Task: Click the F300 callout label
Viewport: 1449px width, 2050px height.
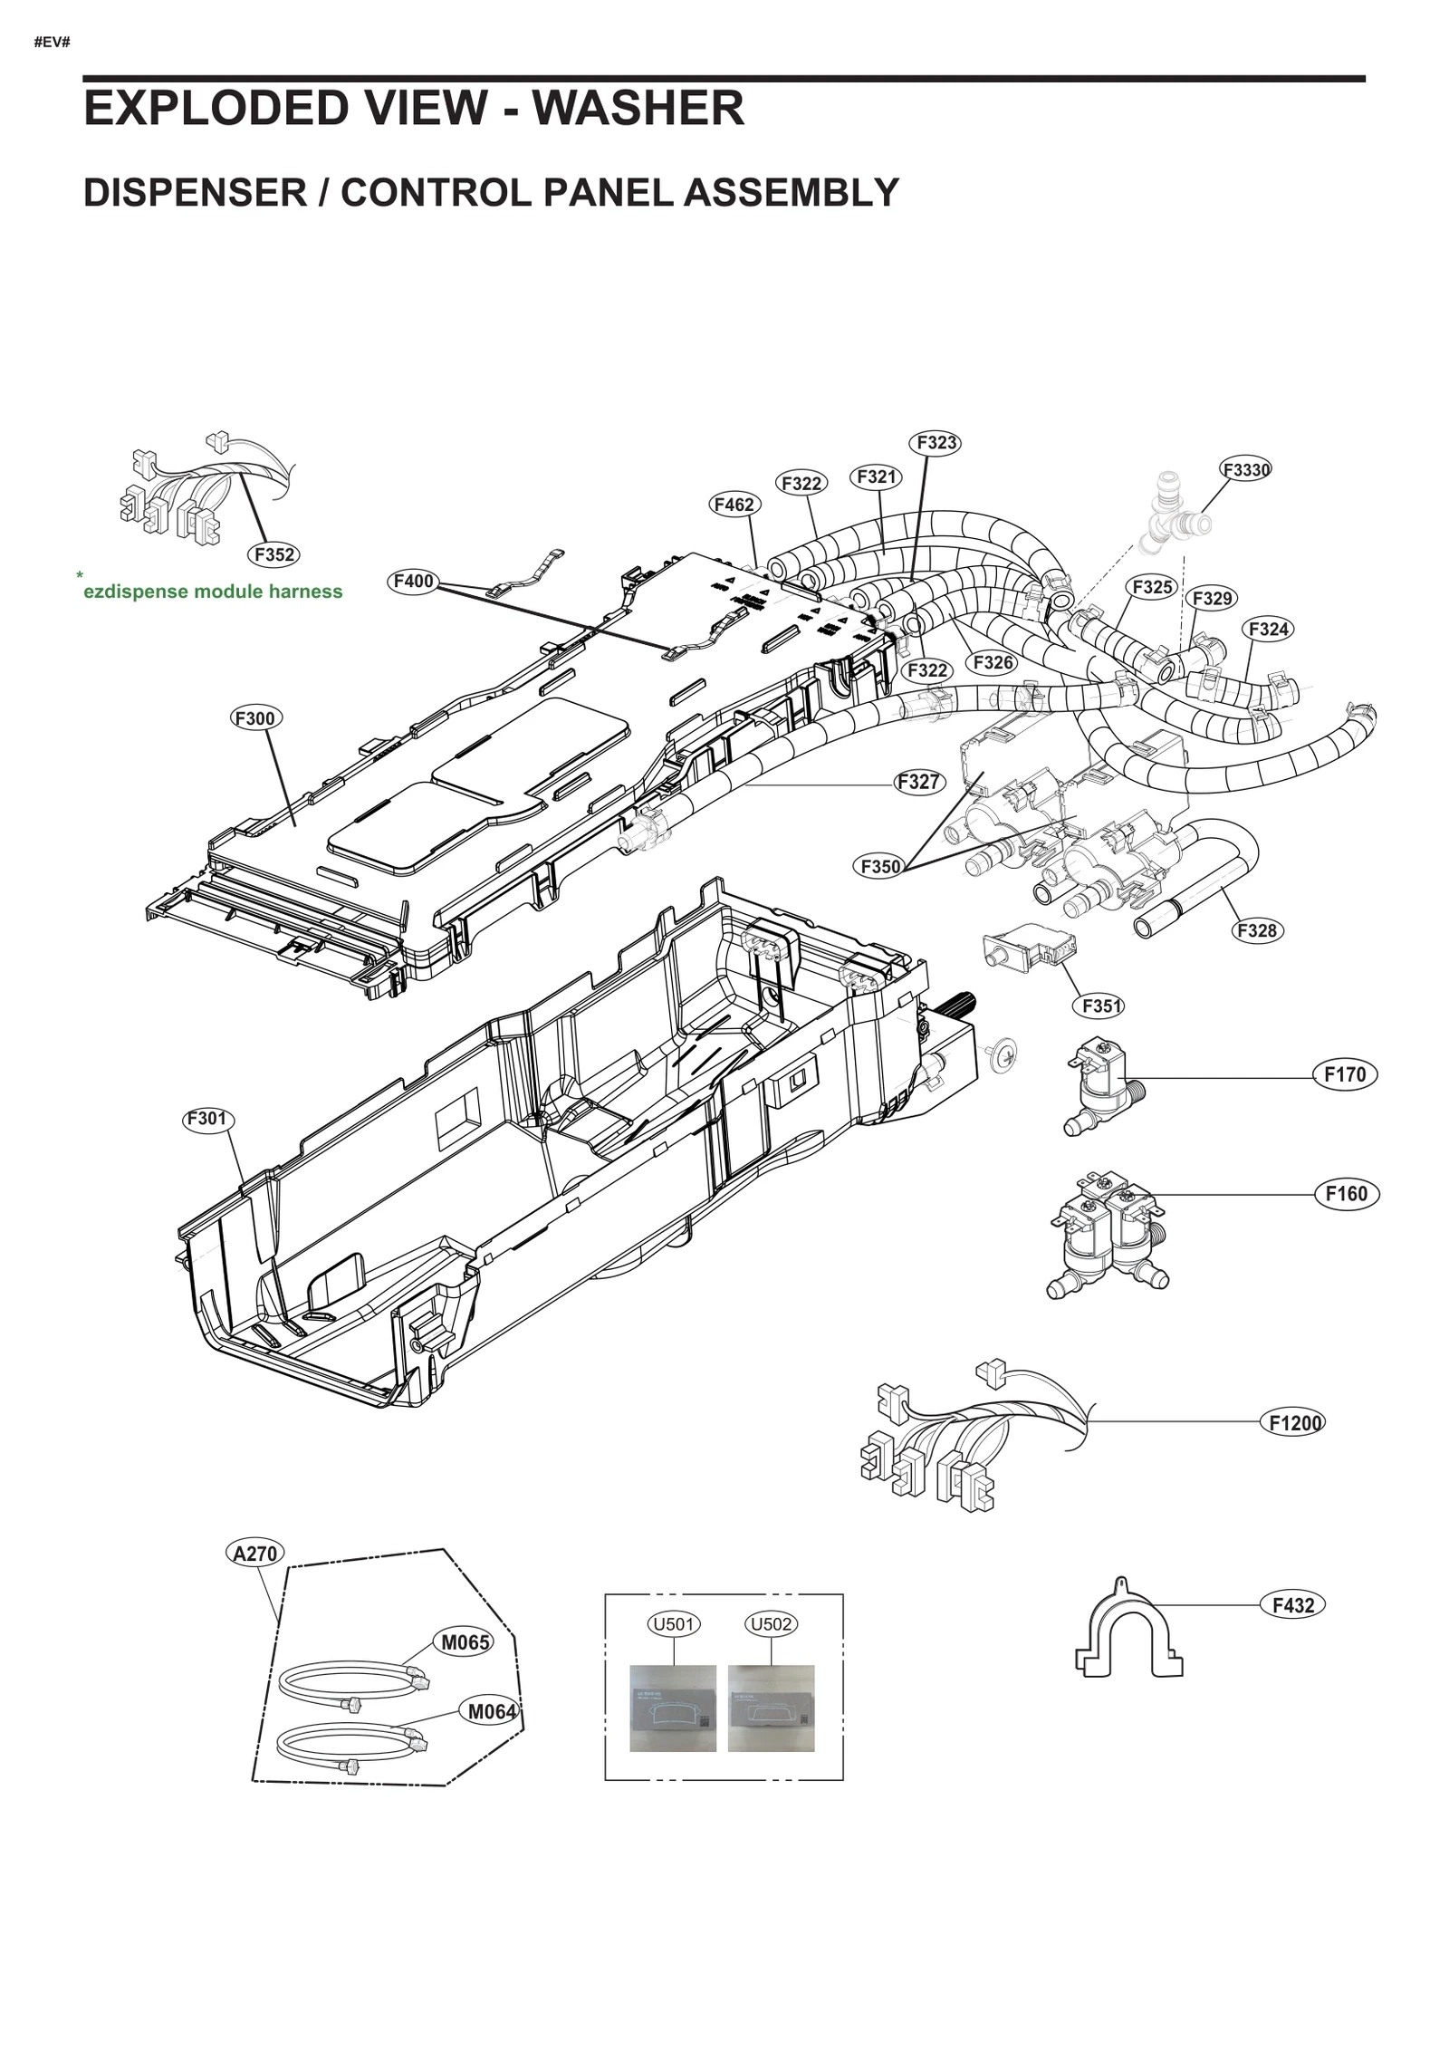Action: point(254,718)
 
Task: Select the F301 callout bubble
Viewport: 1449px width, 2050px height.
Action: point(206,1119)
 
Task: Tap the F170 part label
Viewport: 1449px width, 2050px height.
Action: point(1344,1074)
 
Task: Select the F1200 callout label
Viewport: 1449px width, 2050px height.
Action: point(1295,1423)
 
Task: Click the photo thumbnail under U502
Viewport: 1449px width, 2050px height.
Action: point(771,1708)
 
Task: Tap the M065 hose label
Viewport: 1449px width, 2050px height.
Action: point(466,1642)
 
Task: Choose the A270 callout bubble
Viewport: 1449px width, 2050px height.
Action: point(254,1554)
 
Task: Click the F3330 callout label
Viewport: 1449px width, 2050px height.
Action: point(1246,469)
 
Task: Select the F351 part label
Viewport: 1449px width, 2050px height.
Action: point(1102,1006)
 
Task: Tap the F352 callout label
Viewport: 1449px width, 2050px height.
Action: point(273,554)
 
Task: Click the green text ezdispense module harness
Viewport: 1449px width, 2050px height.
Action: point(213,592)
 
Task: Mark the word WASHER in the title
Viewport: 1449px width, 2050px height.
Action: point(638,109)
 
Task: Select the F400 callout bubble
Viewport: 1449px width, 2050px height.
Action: point(413,581)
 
